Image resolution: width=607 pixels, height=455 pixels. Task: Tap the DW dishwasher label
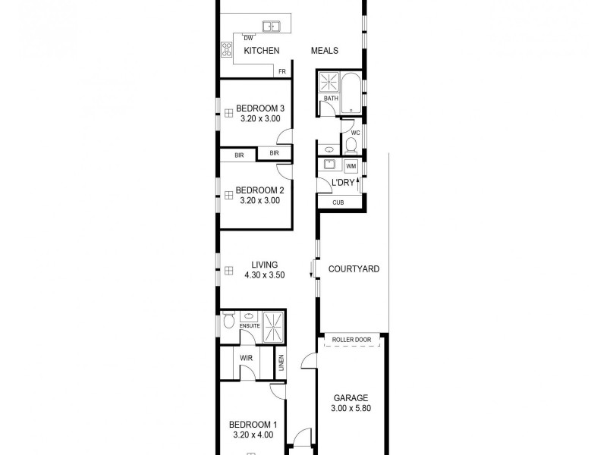[248, 38]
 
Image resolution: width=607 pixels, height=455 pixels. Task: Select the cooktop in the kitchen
[226, 49]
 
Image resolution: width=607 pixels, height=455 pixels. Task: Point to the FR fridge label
[282, 72]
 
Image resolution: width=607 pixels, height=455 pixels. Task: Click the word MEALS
[325, 51]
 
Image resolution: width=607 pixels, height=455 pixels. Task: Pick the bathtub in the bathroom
[351, 93]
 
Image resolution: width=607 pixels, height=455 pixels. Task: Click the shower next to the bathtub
[330, 82]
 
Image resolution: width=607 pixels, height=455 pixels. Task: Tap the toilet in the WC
[351, 144]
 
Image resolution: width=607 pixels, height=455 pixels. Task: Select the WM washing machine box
[351, 165]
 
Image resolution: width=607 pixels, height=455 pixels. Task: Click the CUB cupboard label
[338, 202]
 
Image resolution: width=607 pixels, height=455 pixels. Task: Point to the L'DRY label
[334, 183]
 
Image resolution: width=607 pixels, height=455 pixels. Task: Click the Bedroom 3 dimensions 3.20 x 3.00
[260, 118]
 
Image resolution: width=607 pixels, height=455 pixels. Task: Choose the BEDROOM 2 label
[260, 190]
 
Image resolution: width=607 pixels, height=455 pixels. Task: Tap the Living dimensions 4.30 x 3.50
[264, 275]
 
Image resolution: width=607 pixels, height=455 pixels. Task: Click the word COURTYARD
[354, 269]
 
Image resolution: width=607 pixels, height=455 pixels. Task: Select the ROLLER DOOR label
[352, 340]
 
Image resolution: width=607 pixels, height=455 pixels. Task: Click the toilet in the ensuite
[229, 322]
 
